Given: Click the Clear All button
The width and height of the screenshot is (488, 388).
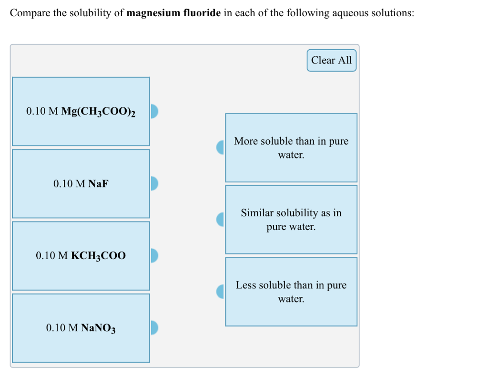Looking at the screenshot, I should tap(331, 60).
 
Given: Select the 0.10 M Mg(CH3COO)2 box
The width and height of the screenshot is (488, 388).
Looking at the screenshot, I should tap(81, 111).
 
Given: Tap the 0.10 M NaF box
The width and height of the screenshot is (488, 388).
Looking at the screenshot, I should tap(81, 184).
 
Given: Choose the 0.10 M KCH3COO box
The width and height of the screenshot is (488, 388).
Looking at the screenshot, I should tap(81, 256).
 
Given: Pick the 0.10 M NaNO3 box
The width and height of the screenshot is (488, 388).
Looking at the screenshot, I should tap(81, 328).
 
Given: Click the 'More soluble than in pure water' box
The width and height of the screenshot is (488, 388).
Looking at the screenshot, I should tap(291, 147).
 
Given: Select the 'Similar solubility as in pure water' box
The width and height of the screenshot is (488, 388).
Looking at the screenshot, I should tap(291, 220).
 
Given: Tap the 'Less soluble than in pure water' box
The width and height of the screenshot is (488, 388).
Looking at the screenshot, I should tap(291, 292).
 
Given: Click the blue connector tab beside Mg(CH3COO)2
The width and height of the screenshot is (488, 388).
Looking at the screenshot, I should tap(154, 111).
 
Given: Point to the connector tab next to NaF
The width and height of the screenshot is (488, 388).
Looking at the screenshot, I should tap(154, 183).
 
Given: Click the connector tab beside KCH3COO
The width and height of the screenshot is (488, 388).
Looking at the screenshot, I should tap(154, 255).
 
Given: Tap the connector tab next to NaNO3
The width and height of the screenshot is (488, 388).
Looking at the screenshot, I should tap(154, 327).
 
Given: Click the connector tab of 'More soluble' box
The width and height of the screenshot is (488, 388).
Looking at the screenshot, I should tap(221, 147).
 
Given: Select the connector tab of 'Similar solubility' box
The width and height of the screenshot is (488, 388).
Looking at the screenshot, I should tap(221, 220).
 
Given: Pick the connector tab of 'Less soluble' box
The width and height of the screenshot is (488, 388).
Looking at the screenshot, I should tap(221, 292).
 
